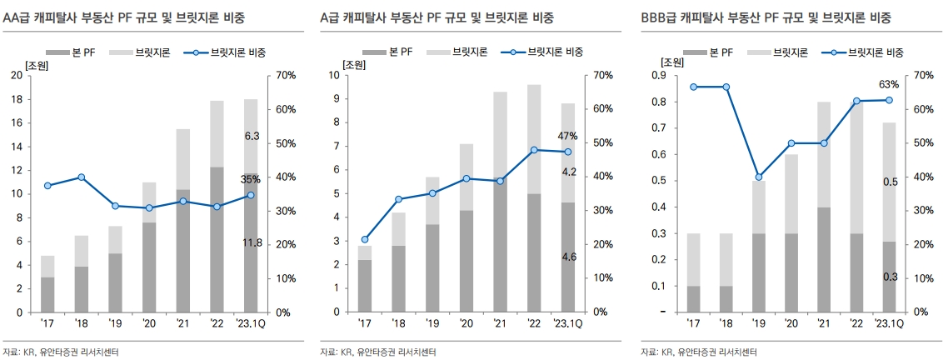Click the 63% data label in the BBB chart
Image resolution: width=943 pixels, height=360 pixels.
(889, 85)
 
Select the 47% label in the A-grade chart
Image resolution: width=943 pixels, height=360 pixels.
(568, 136)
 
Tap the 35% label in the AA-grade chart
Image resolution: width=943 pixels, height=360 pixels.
(251, 179)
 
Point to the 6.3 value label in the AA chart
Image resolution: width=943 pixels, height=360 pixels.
(252, 136)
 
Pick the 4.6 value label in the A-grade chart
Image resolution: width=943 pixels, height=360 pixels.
(568, 257)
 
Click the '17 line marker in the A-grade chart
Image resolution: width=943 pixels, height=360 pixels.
(365, 239)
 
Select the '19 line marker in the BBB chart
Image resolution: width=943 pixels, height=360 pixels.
(758, 177)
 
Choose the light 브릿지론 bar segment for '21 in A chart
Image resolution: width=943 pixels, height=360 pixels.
(501, 136)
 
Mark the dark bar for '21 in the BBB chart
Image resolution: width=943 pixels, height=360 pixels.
(823, 259)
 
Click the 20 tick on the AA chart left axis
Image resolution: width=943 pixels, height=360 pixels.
(16, 75)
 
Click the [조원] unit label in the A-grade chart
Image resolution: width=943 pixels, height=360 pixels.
(354, 64)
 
